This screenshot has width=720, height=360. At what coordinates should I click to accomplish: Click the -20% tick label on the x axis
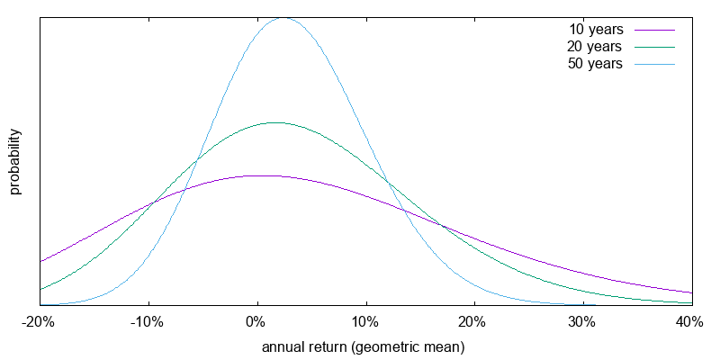(x=40, y=322)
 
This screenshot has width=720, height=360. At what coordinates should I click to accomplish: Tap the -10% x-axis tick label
(x=148, y=322)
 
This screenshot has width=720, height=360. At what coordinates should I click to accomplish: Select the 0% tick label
(x=257, y=322)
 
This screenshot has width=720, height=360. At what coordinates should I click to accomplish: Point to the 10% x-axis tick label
(x=365, y=322)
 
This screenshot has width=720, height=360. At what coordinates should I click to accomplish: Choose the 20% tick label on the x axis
(x=474, y=322)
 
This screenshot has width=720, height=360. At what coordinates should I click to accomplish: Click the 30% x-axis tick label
(x=582, y=322)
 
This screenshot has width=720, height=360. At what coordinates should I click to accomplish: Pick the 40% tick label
(x=690, y=322)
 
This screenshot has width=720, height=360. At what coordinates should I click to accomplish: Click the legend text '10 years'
(x=596, y=30)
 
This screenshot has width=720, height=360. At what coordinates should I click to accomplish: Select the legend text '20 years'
(x=596, y=47)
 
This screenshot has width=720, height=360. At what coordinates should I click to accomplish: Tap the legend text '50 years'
(x=596, y=64)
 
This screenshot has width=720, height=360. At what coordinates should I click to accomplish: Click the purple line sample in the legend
(x=654, y=30)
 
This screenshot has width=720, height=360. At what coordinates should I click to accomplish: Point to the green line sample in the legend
(x=654, y=47)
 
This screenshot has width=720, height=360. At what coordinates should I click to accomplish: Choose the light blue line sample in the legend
(x=654, y=64)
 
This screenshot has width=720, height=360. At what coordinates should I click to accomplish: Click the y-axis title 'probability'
(x=15, y=162)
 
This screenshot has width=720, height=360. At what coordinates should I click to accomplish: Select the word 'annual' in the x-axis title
(x=283, y=346)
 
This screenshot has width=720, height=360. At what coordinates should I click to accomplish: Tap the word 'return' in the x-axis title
(x=329, y=346)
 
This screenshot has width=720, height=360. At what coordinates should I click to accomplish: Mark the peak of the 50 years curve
(x=284, y=17)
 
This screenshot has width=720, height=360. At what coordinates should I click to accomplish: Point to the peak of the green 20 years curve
(x=273, y=122)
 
